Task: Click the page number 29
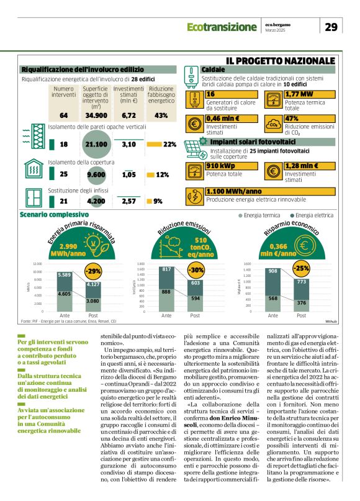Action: [331, 27]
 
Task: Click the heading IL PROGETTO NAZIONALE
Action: [281, 60]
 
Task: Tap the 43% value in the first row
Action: [161, 115]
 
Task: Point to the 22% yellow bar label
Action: [169, 145]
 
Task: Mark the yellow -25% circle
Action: [302, 268]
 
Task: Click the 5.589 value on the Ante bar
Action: [64, 275]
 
